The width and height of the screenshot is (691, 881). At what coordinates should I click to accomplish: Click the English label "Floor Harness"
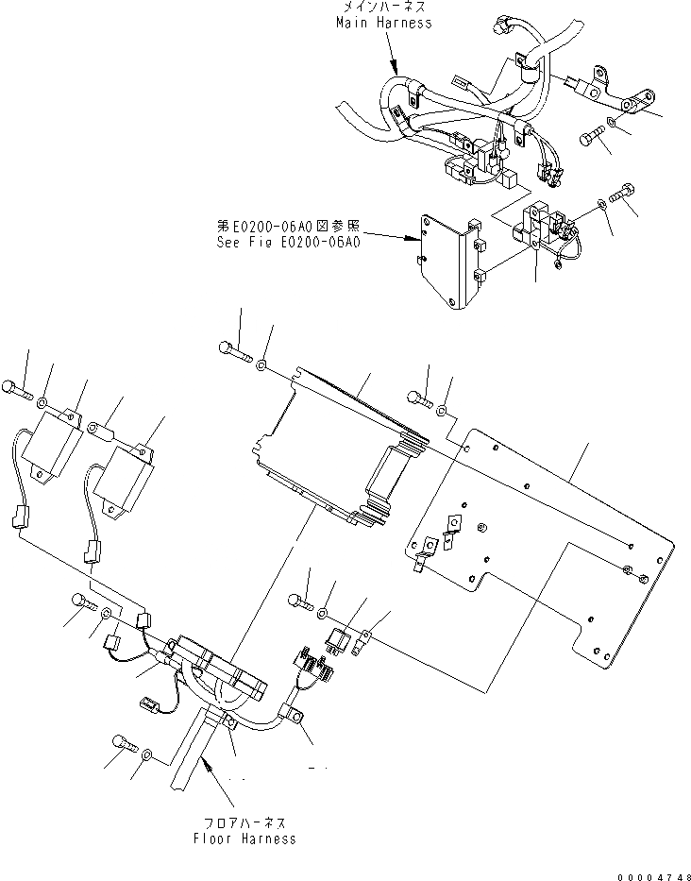click(244, 838)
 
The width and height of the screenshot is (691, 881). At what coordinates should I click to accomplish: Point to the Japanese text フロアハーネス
click(244, 823)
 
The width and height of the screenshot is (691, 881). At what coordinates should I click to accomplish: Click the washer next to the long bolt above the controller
click(261, 363)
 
